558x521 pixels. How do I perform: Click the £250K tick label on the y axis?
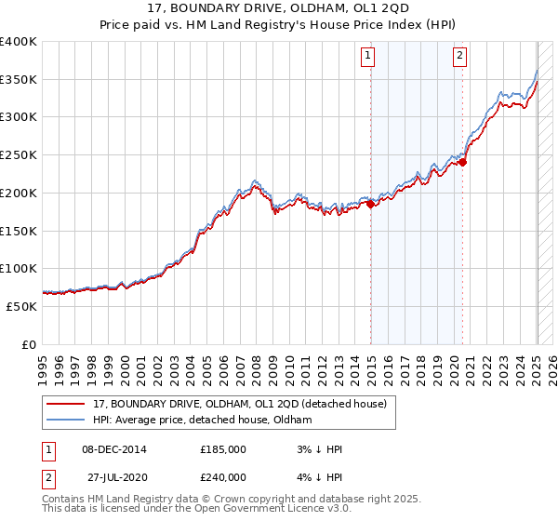coord(19,155)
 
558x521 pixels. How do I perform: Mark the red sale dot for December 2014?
coord(370,205)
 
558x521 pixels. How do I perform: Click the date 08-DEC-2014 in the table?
coord(113,449)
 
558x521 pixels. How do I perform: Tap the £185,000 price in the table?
coord(223,449)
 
